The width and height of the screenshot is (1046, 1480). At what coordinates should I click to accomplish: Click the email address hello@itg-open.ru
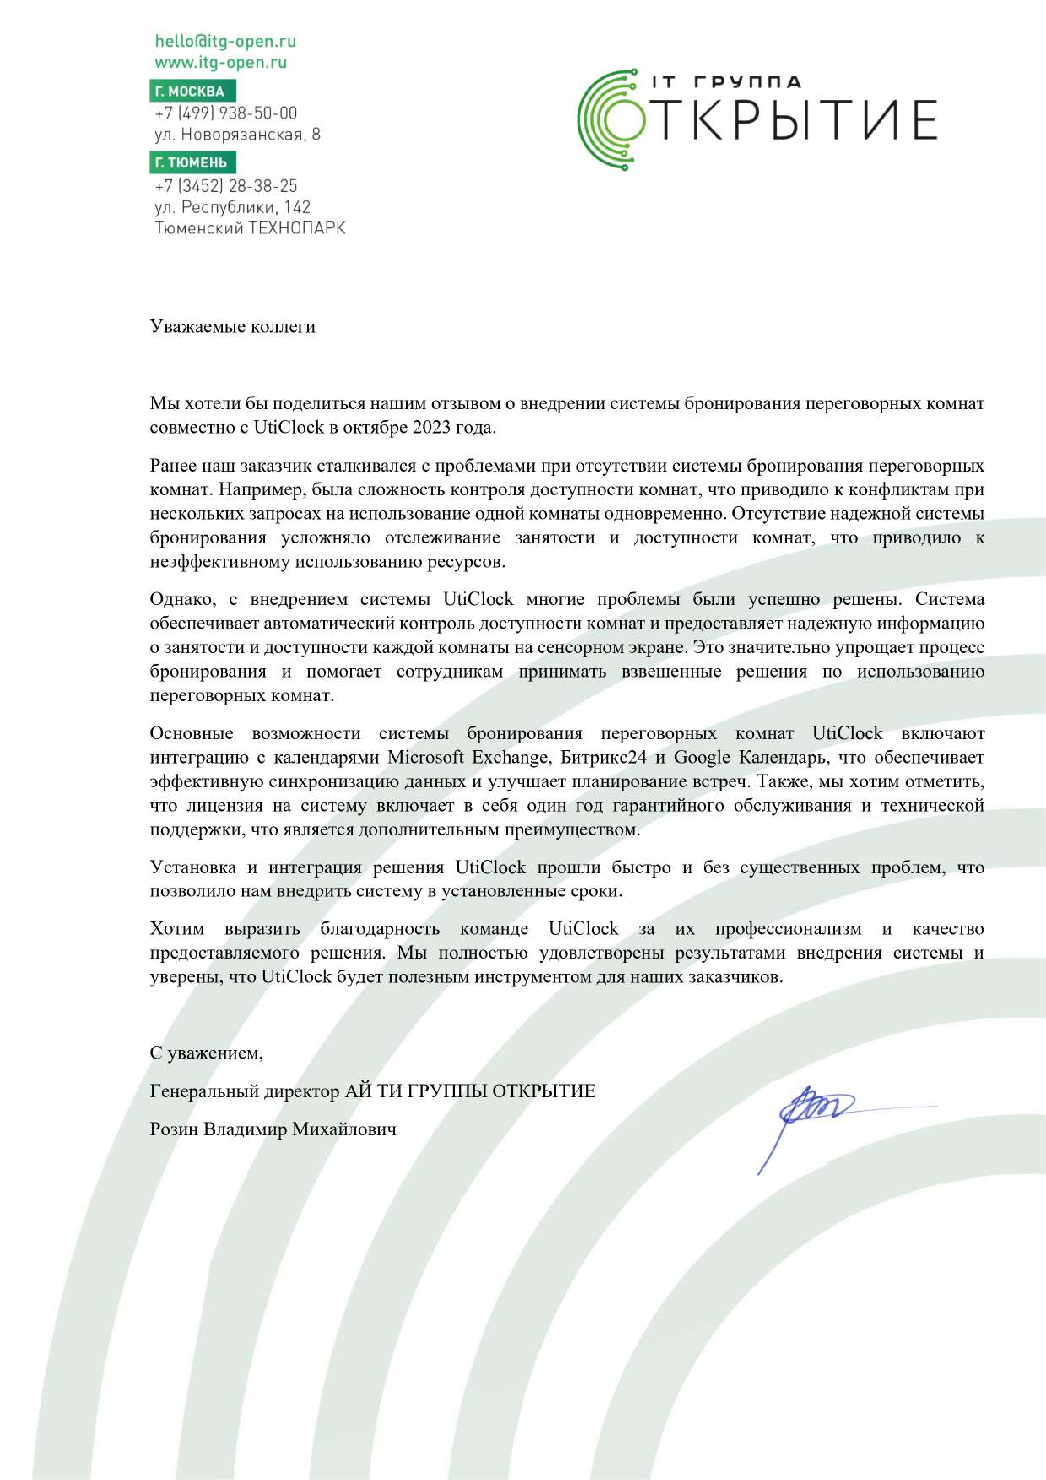[x=225, y=41]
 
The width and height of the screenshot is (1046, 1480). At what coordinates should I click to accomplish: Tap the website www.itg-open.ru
[x=220, y=62]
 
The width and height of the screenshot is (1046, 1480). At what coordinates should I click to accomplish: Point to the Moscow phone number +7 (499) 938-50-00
[x=226, y=113]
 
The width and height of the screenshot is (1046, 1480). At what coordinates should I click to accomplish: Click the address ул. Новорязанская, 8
[x=237, y=135]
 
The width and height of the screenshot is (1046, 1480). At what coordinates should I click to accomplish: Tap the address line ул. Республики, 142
[x=232, y=207]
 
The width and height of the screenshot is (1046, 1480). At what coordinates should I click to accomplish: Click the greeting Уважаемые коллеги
[x=232, y=327]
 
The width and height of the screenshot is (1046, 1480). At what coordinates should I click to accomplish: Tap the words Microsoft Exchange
[x=468, y=757]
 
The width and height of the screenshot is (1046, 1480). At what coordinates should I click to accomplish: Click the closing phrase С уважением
[x=206, y=1053]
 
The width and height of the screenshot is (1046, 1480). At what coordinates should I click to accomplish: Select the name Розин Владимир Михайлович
[x=273, y=1129]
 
